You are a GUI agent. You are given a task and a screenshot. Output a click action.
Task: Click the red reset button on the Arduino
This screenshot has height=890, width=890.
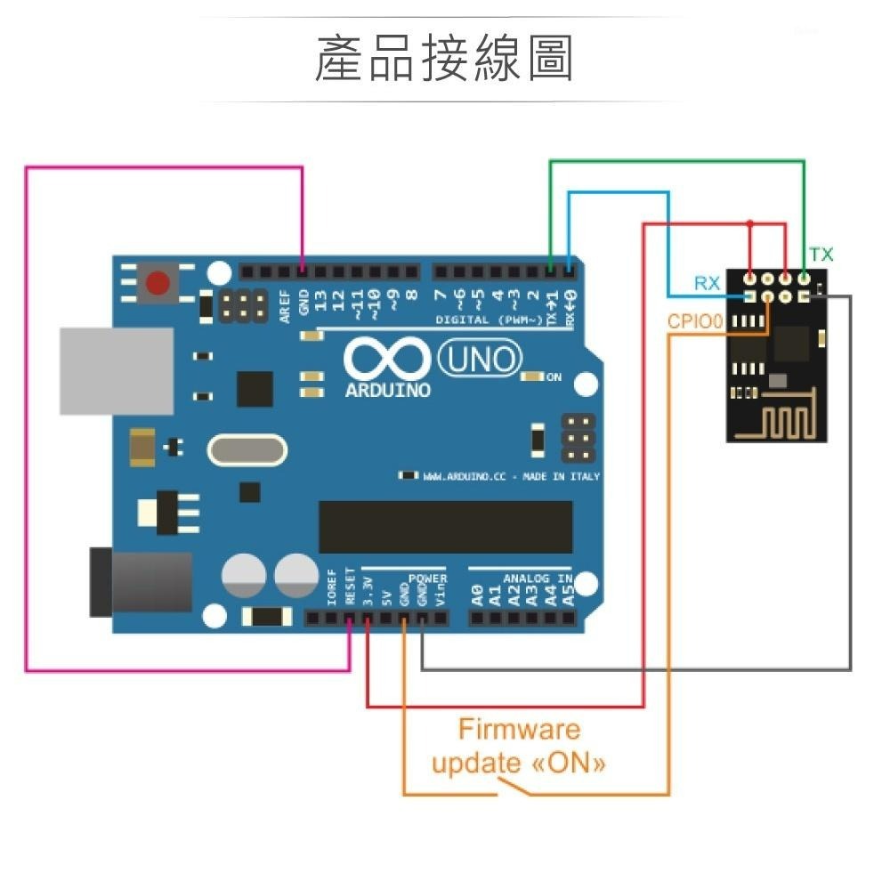tap(158, 284)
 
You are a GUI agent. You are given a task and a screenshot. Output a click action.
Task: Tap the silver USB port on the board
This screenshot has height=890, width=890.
tap(116, 371)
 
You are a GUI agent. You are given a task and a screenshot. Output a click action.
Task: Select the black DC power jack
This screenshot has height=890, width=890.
tap(141, 583)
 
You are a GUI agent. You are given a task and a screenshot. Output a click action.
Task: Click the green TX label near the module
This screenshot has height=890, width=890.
tap(821, 255)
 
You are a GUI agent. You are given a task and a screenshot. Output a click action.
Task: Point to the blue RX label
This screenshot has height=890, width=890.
tap(707, 284)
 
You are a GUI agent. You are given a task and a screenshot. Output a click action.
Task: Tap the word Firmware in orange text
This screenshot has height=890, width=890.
tap(519, 730)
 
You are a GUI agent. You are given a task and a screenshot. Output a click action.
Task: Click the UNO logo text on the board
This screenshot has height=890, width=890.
tap(481, 360)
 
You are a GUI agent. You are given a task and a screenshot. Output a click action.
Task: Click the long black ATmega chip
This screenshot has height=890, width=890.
tap(445, 527)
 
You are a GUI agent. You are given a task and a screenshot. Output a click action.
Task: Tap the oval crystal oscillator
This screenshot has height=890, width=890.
tap(247, 449)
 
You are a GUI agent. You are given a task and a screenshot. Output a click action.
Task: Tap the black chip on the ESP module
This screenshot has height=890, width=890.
tap(794, 343)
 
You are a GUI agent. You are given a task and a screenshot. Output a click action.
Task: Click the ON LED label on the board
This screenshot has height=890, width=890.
tap(554, 378)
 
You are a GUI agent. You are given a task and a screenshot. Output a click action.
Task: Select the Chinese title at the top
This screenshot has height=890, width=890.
tap(444, 60)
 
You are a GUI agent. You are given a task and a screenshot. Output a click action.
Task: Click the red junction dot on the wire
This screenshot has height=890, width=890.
tap(750, 222)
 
